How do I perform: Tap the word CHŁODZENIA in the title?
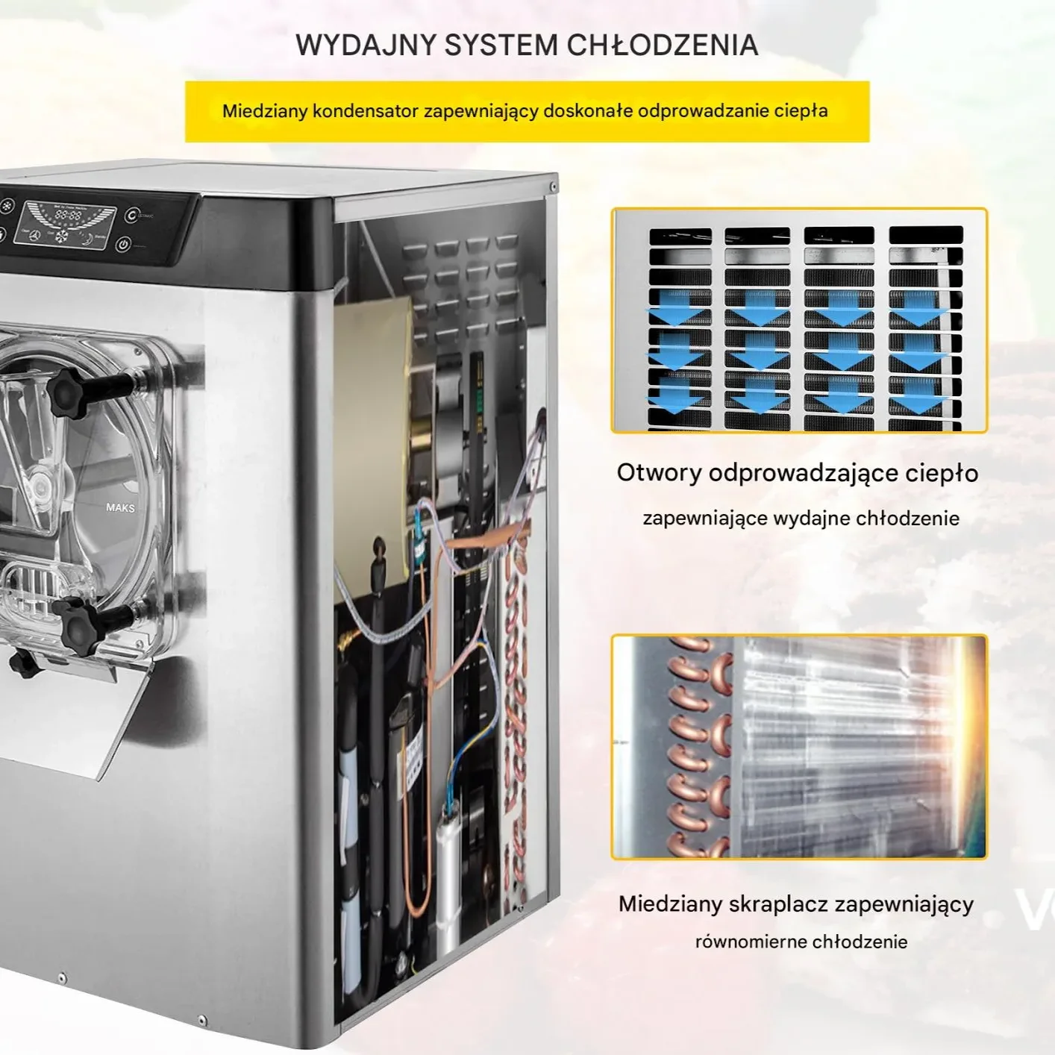point(663,46)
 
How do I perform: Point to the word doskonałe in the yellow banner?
point(588,111)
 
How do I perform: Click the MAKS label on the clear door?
point(120,507)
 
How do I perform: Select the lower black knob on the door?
point(79,625)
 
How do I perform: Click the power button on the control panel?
point(124,244)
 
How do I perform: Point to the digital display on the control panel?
point(68,215)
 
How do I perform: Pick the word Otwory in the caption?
point(659,473)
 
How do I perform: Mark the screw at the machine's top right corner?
point(553,186)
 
